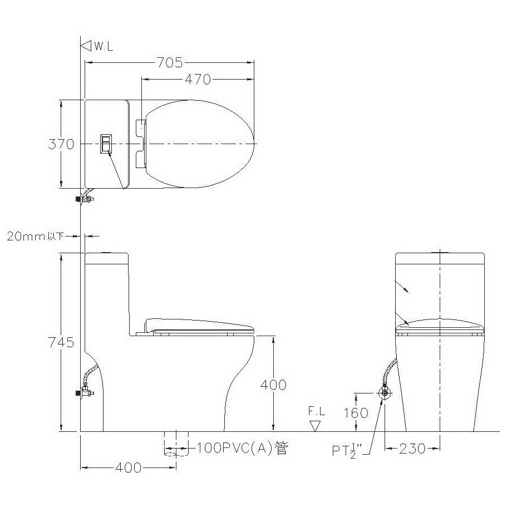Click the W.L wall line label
[104, 47]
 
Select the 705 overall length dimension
[169, 63]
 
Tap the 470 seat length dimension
[198, 79]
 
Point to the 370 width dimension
[61, 144]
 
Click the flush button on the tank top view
[106, 143]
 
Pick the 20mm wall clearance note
[35, 237]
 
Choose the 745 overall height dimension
[61, 342]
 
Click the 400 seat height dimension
[273, 385]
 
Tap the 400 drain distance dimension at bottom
[128, 467]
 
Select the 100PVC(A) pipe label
[242, 449]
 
